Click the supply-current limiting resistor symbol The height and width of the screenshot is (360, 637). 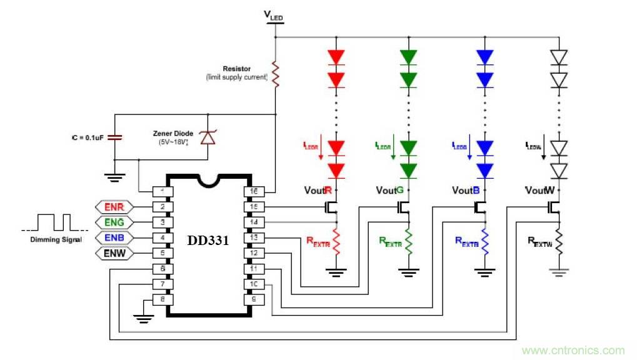(x=275, y=73)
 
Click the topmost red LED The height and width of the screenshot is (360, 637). (x=337, y=57)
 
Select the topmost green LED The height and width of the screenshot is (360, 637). (x=409, y=57)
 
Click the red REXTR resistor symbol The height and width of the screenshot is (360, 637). (x=337, y=241)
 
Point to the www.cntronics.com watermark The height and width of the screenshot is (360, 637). (x=573, y=351)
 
